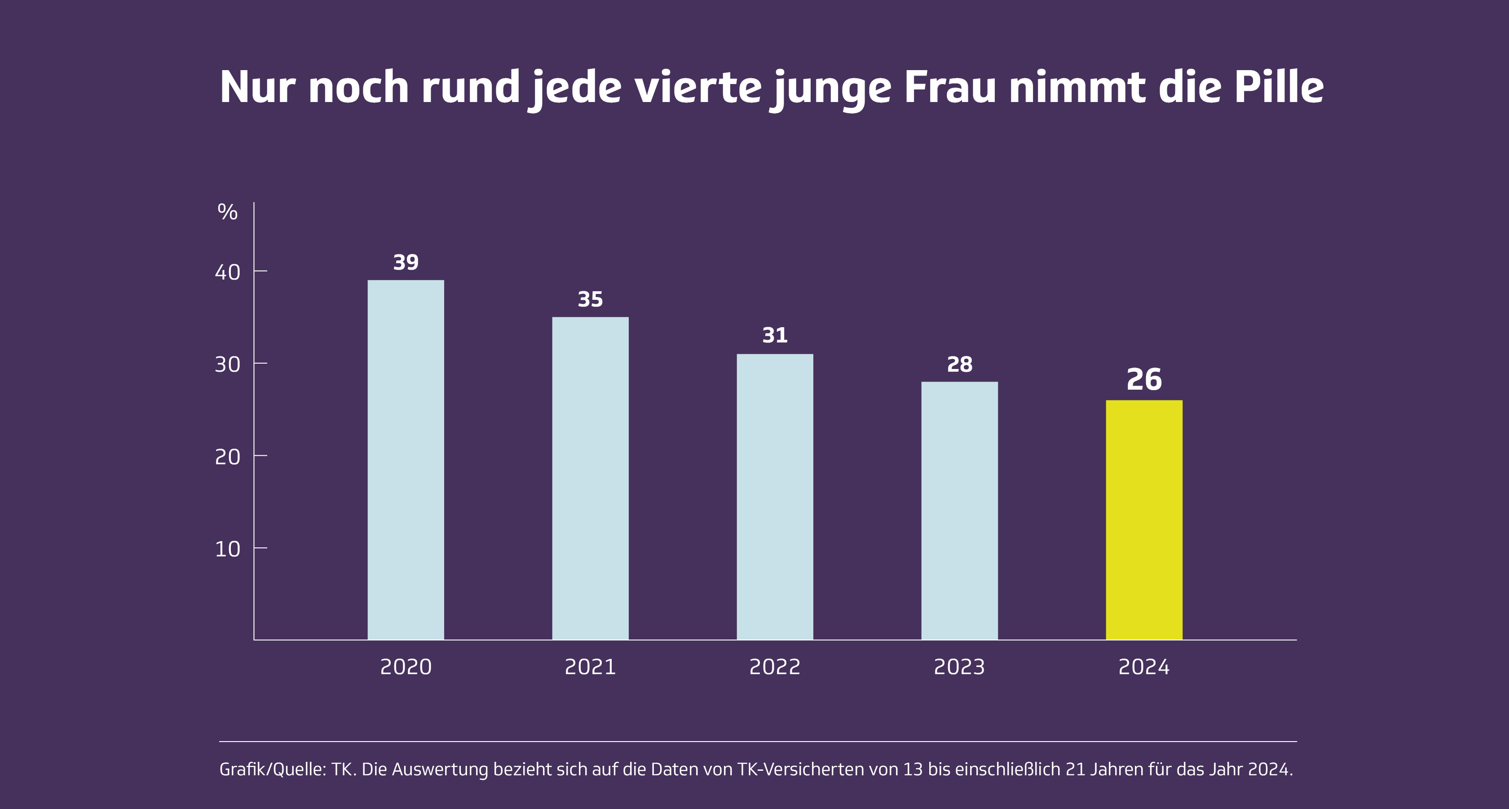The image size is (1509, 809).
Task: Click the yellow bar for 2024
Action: click(x=1143, y=520)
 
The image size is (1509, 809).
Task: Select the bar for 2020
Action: click(x=406, y=460)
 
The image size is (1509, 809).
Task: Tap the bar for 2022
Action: click(x=774, y=497)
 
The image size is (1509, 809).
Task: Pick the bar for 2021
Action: click(x=590, y=478)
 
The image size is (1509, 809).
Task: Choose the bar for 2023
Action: click(x=959, y=511)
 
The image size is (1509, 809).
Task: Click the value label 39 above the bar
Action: click(x=406, y=262)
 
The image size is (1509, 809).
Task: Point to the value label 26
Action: click(x=1143, y=379)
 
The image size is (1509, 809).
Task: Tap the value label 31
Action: click(x=774, y=335)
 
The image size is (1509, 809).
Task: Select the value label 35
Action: click(x=590, y=300)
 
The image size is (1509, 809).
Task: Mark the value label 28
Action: click(x=959, y=364)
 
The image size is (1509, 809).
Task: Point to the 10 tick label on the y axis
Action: click(x=227, y=549)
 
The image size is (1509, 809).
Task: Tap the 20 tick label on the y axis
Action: click(x=227, y=457)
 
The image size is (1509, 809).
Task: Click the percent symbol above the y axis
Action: click(x=227, y=212)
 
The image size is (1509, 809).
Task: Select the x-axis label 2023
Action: click(x=959, y=667)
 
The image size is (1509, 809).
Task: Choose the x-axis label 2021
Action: click(x=590, y=667)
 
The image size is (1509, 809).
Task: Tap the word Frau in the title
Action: click(x=949, y=88)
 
